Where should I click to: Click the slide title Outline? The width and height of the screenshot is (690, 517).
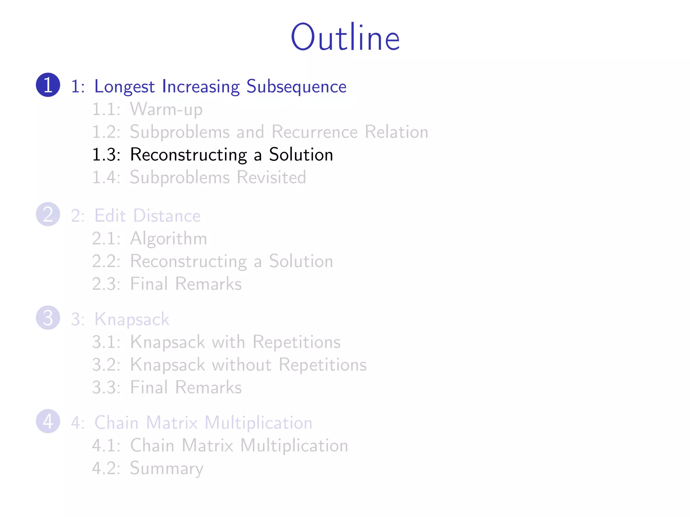345,37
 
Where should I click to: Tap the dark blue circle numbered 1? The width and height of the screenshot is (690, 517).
48,85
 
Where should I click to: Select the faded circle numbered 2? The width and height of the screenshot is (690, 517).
48,214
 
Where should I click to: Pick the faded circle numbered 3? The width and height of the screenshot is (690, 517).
48,318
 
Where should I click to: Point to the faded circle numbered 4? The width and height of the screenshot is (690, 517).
48,421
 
